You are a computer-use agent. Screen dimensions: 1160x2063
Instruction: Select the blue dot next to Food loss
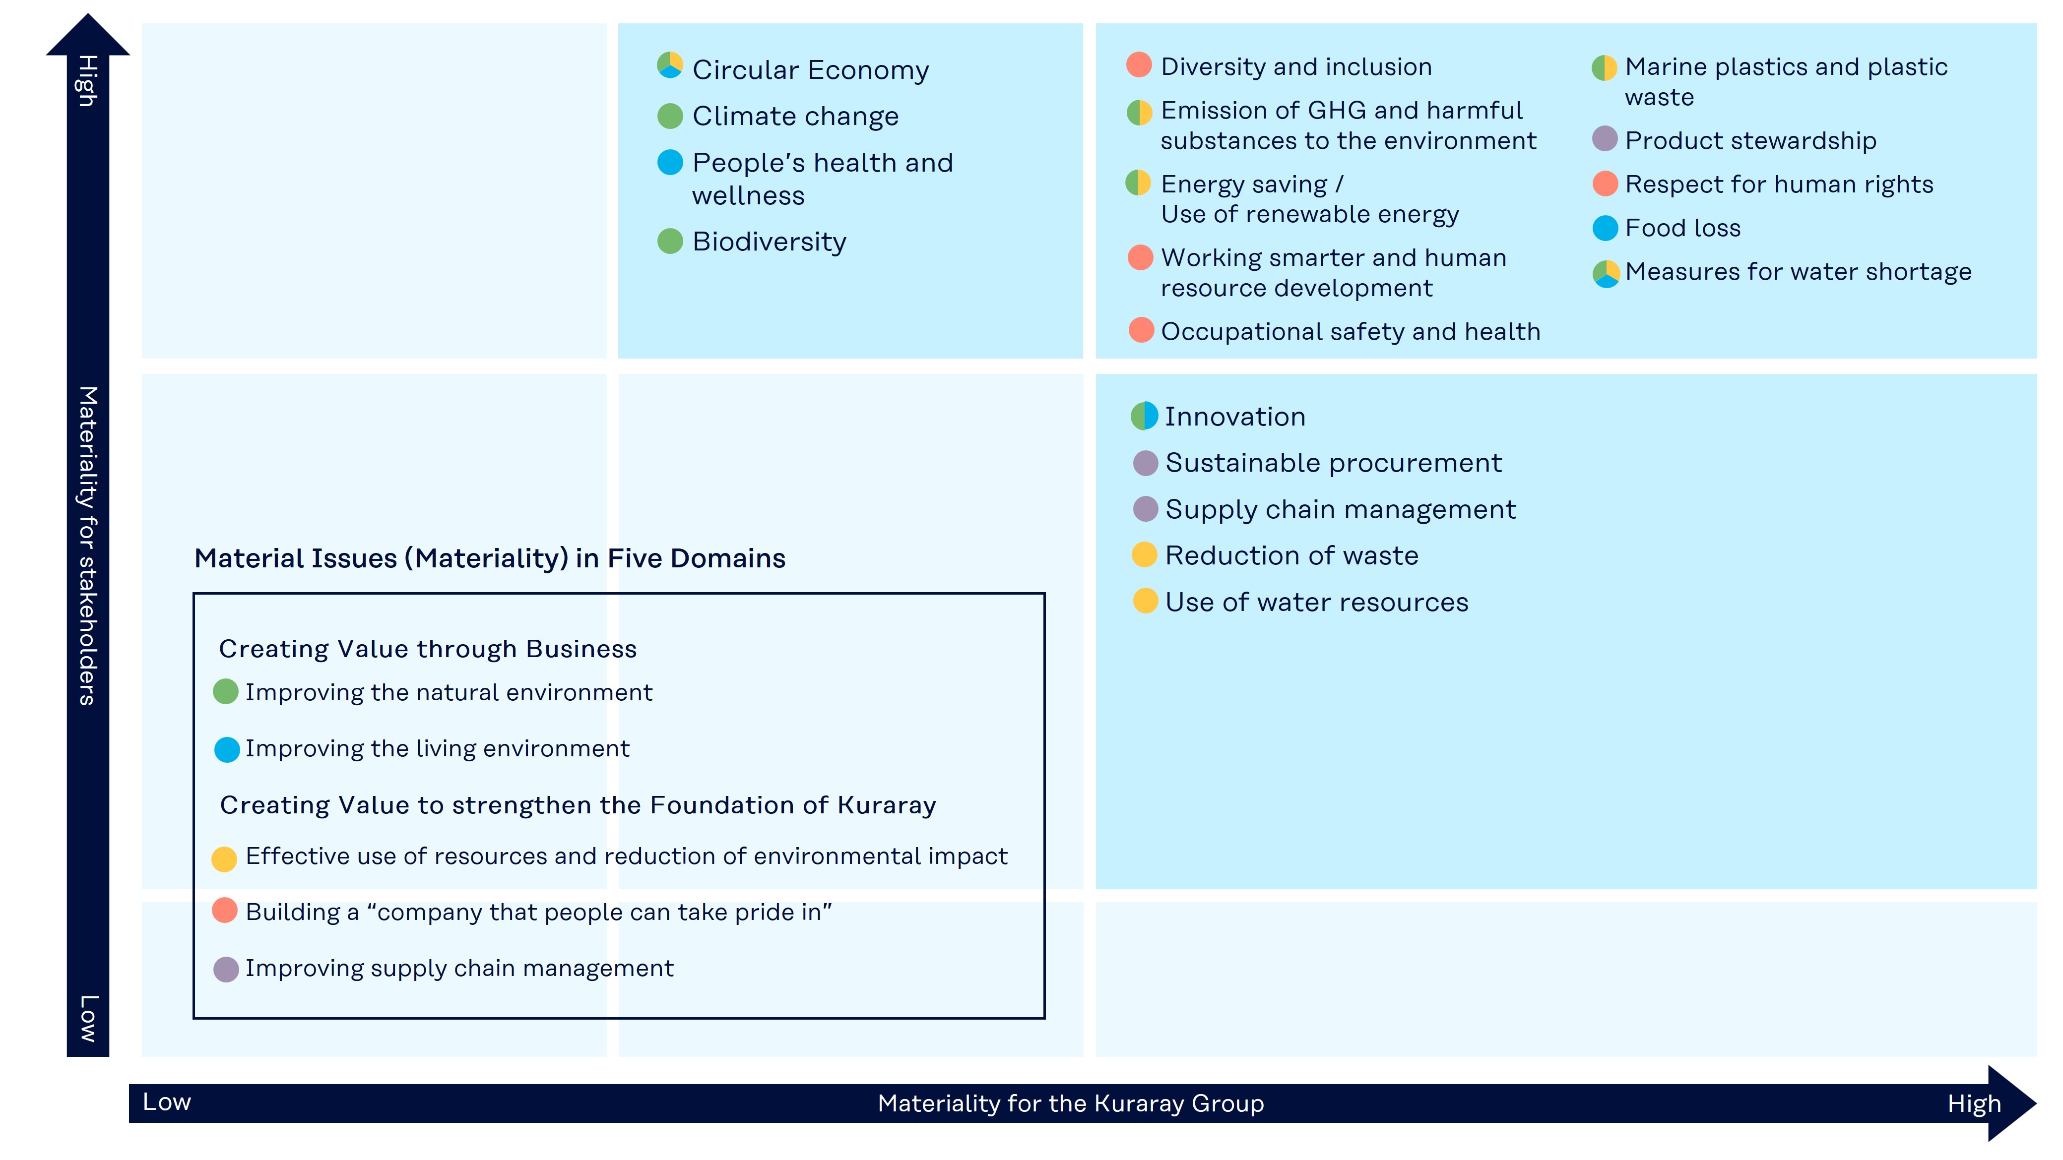tap(1605, 228)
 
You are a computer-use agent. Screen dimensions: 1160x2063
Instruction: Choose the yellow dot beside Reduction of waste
tap(1145, 555)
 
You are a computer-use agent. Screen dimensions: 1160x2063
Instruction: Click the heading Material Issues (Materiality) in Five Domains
tap(489, 558)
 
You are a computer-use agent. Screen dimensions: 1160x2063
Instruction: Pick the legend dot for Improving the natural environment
tap(226, 692)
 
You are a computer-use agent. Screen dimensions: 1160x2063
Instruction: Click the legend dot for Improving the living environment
tap(227, 749)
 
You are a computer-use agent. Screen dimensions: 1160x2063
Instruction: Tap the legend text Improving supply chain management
tap(459, 968)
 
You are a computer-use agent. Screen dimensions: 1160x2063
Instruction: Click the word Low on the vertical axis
tap(87, 1018)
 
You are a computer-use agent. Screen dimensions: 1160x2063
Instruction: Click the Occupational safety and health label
tap(1350, 331)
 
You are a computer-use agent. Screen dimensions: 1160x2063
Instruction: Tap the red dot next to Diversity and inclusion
tap(1139, 65)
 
